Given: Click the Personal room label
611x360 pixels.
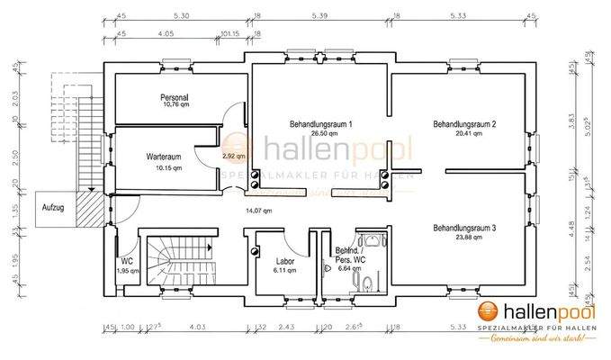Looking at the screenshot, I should pos(174,97).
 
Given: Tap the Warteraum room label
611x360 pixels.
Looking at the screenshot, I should pos(164,157).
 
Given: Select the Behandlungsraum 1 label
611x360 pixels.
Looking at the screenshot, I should pos(320,123).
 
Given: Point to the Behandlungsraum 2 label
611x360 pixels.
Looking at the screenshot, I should pos(464,123).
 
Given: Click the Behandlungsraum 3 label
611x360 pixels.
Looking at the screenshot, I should pos(464,229).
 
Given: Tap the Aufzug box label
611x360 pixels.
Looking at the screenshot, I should pos(53,207).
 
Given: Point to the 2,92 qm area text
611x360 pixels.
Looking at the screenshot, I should pos(233,157).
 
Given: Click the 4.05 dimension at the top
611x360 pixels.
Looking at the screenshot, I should pos(165,34).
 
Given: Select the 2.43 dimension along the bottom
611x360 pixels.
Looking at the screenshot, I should pos(287,327).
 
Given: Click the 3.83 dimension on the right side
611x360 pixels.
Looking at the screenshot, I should pos(571,117).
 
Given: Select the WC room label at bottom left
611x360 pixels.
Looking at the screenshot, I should pos(127,262).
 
